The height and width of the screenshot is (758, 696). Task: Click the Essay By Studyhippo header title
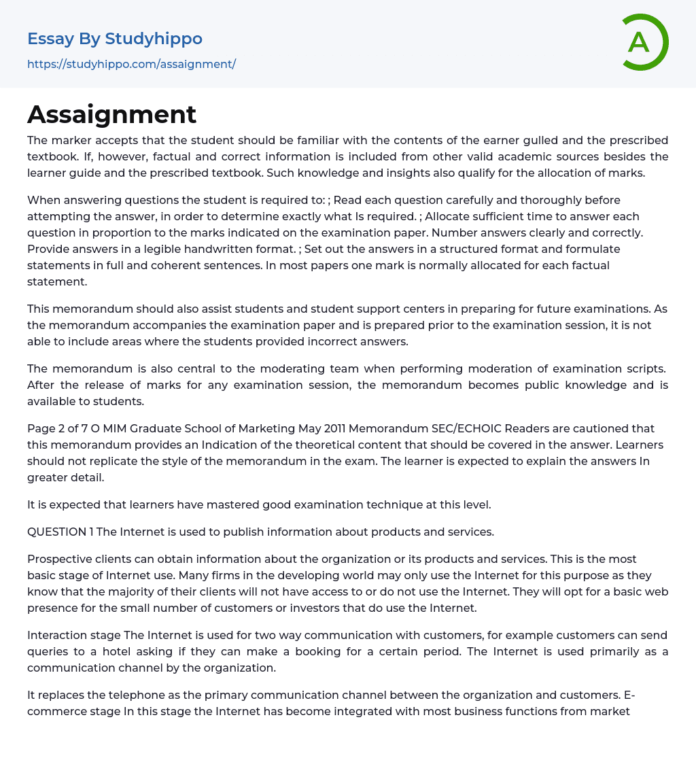(x=115, y=39)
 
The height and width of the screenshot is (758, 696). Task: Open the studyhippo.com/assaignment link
(x=131, y=64)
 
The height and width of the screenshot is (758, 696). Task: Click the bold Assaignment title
(x=112, y=114)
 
